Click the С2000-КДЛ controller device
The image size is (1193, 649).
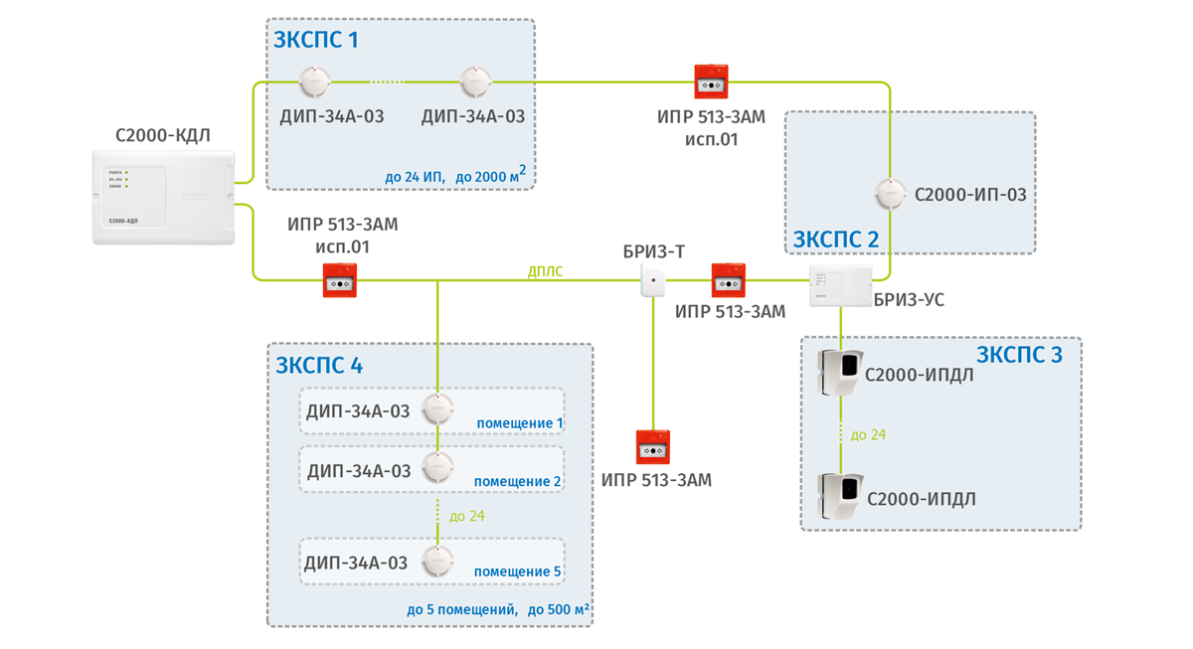pos(164,197)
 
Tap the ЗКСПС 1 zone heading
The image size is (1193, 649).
pos(316,41)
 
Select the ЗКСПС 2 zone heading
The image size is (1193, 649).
pos(835,240)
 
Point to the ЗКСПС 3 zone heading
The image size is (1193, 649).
pos(1019,355)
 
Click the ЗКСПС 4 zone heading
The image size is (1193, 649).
pos(319,365)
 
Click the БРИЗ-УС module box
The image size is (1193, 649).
pos(840,286)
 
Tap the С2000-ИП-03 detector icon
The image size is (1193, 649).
pos(890,194)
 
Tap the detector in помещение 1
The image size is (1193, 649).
pos(437,408)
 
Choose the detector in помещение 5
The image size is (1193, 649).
pos(437,561)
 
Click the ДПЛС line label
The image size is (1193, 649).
pos(545,271)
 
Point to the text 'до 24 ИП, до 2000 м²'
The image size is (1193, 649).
pos(454,177)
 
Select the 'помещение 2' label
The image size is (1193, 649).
pos(517,482)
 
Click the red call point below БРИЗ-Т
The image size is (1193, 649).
pos(653,447)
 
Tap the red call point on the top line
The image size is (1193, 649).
pos(711,82)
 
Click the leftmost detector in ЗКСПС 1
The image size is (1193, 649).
pos(314,82)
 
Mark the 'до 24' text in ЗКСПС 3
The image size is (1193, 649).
pos(868,435)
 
